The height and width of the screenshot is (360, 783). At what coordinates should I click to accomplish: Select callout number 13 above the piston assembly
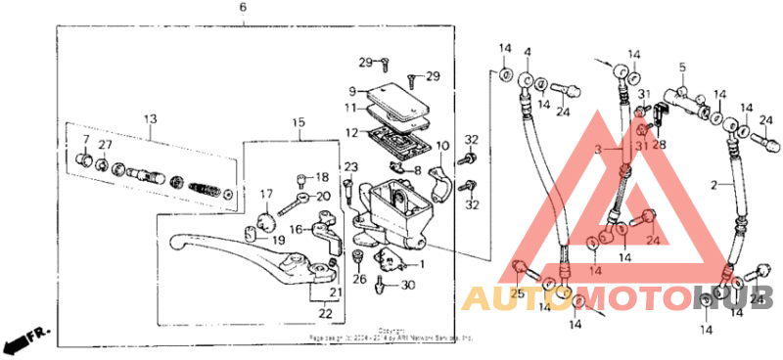point(150,119)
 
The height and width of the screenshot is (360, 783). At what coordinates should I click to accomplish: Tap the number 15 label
point(299,122)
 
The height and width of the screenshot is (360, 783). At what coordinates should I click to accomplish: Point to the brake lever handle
point(225,245)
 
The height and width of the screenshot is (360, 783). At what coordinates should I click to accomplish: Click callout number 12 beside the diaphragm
point(349,131)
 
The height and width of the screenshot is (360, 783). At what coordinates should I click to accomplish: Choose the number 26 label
point(359,279)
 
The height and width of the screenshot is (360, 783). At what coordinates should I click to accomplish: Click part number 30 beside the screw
point(410,285)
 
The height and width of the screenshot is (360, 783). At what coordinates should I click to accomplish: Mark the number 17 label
point(265,194)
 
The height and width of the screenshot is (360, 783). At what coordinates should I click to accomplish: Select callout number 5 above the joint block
point(683,67)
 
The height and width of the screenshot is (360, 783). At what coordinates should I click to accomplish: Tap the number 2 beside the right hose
point(714,184)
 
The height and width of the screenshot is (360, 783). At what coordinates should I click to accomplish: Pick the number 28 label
point(659,144)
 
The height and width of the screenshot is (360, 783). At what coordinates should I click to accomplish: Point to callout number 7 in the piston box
point(85,140)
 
